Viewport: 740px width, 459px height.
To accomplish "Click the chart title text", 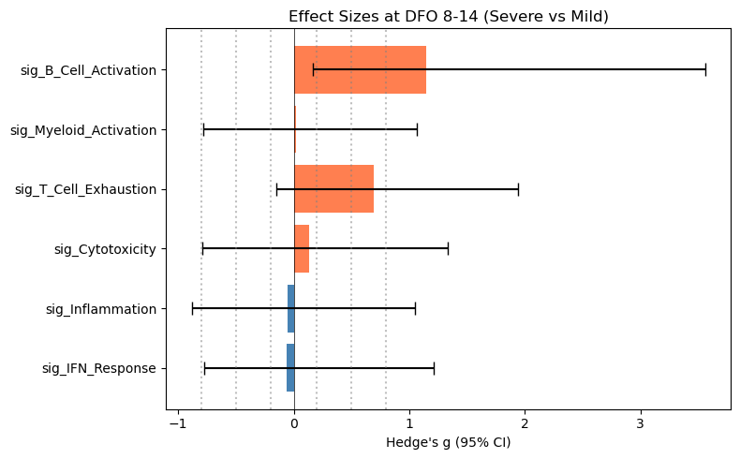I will (448, 16).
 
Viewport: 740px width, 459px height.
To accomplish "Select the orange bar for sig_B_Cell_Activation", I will (360, 69).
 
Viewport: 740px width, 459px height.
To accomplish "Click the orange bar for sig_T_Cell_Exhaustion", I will (333, 189).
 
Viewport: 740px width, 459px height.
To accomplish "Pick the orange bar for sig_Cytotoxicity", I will (302, 249).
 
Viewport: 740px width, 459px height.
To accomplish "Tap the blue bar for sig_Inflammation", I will (290, 308).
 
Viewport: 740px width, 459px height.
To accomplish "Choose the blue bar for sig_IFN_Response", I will (290, 368).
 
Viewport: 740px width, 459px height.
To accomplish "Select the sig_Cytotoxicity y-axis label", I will (105, 249).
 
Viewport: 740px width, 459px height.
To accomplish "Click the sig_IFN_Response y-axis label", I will (99, 368).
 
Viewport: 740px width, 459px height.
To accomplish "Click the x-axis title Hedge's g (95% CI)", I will (448, 442).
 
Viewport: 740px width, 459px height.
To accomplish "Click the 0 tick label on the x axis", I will (294, 423).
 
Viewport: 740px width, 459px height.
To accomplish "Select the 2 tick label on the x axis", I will (525, 423).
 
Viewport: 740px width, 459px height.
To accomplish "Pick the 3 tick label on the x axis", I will (641, 423).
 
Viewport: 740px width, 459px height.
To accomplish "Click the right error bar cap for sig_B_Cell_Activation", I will (705, 69).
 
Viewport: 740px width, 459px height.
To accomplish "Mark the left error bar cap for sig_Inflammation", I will (192, 308).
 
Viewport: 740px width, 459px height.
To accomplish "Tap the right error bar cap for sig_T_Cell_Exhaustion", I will (518, 189).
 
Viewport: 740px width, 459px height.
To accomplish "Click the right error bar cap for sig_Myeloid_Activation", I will (417, 129).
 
